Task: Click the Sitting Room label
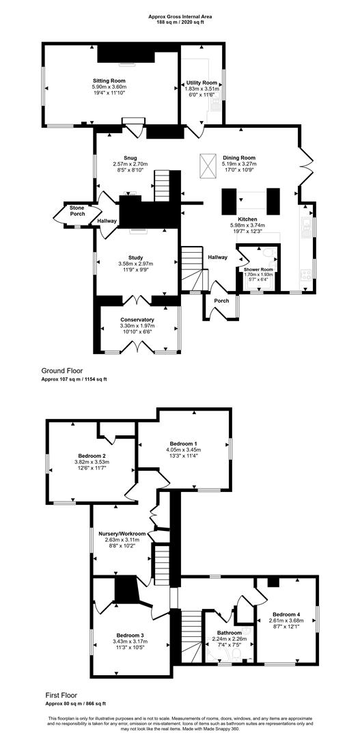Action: click(x=109, y=81)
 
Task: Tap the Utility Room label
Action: click(x=202, y=82)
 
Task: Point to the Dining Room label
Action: click(x=238, y=157)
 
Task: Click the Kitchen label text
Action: click(x=247, y=219)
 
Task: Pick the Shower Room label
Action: click(x=258, y=269)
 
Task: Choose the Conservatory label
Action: click(x=137, y=319)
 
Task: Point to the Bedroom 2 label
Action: click(x=92, y=455)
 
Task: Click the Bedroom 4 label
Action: click(x=285, y=612)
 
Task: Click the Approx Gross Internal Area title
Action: click(x=180, y=16)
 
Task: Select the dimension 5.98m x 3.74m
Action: click(x=247, y=225)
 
